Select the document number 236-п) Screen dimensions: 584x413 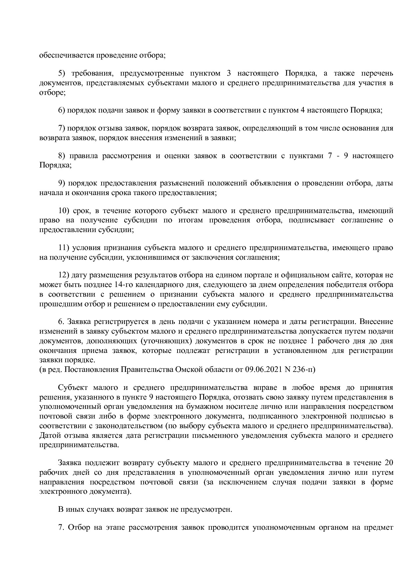click(x=302, y=370)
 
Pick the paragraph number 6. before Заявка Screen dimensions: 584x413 click(x=61, y=322)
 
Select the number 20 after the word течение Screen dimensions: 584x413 click(x=388, y=463)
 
